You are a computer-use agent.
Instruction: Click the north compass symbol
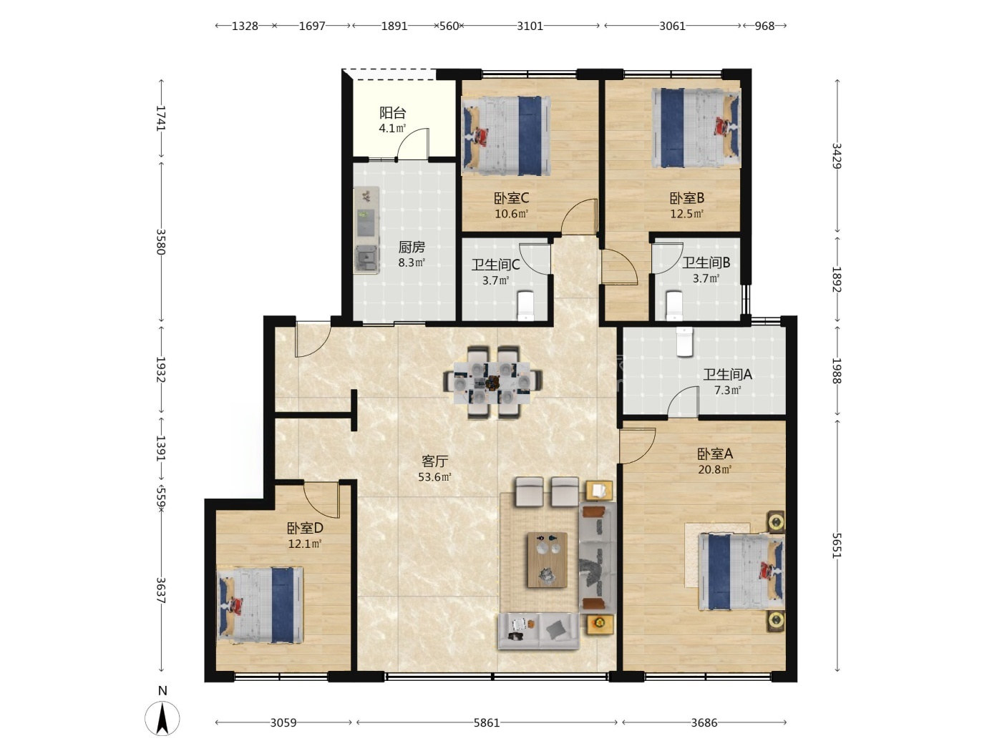click(x=162, y=717)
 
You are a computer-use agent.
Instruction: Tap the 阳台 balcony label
click(x=392, y=113)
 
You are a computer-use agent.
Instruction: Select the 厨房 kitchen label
click(x=412, y=247)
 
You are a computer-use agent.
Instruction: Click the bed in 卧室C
click(x=506, y=136)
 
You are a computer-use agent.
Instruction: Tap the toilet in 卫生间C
click(x=526, y=305)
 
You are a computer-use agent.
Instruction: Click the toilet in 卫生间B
click(x=675, y=305)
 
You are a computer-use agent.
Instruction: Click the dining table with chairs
click(x=493, y=382)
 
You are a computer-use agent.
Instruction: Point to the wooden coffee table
click(x=548, y=560)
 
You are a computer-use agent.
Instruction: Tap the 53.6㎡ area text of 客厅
click(x=434, y=477)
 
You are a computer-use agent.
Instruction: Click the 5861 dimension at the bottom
click(x=487, y=722)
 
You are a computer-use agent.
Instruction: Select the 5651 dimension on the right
click(x=837, y=546)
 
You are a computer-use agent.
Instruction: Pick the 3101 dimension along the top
click(x=530, y=26)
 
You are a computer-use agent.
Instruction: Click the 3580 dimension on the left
click(x=161, y=242)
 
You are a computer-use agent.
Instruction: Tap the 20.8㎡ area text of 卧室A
click(x=714, y=470)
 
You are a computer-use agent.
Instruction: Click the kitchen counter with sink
click(x=366, y=230)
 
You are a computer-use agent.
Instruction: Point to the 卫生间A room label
click(x=727, y=374)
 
